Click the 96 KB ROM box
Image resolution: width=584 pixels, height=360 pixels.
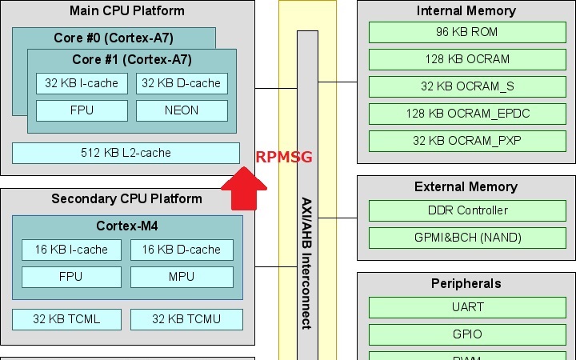click(467, 32)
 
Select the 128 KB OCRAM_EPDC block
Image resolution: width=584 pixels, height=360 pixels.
click(467, 114)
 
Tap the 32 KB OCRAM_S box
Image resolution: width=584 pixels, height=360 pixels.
click(467, 86)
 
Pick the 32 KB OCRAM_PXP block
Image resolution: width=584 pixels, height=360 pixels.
click(467, 141)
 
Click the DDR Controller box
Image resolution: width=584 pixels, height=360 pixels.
click(467, 210)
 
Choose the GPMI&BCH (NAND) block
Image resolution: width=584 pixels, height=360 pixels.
click(467, 238)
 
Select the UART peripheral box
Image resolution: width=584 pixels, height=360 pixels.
click(467, 307)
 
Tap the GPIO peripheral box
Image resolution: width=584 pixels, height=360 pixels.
click(467, 334)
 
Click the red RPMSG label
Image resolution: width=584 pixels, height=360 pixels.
click(284, 157)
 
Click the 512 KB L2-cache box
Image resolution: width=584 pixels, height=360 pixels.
click(126, 153)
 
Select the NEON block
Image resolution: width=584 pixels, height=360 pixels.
click(181, 110)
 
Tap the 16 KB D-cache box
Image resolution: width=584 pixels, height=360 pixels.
click(182, 250)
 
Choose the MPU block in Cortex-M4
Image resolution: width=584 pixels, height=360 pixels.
click(182, 277)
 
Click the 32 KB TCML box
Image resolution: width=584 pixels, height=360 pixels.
click(66, 319)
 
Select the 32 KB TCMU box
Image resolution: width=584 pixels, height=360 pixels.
click(186, 319)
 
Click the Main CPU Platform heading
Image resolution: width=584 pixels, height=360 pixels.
click(126, 11)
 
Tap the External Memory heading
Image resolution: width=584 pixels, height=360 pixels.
click(466, 187)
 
